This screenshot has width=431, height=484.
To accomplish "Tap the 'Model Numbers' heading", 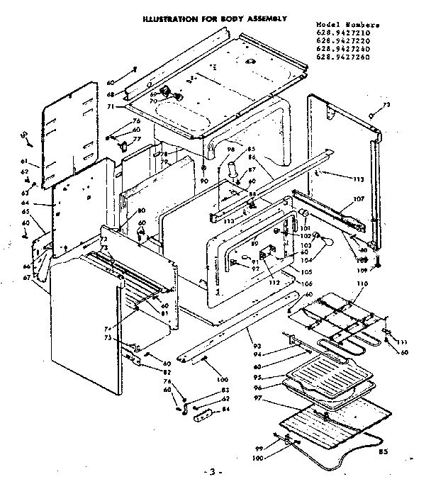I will pos(345,25).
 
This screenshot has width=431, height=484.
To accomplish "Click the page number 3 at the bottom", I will pos(215,472).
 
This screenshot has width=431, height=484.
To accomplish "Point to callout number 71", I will pos(111,106).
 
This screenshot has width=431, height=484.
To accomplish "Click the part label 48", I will pos(111,94).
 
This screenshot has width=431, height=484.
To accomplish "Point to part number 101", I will pos(306,228).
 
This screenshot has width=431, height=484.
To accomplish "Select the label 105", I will pos(306,271).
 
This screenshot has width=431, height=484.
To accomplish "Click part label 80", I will pos(142,211).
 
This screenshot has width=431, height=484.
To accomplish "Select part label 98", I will pos(230,150).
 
